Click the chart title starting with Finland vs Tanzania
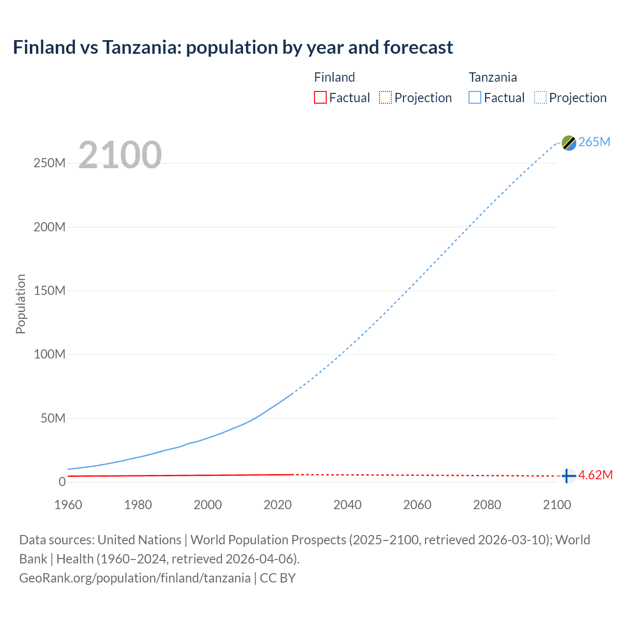point(233,47)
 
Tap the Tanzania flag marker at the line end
point(569,143)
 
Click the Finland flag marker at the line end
point(568,475)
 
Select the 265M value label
point(594,142)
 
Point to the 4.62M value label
point(595,475)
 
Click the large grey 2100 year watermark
point(120,155)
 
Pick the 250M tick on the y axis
point(49,163)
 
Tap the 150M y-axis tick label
point(49,291)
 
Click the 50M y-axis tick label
point(53,418)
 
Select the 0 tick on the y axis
point(62,482)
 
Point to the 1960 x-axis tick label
point(68,505)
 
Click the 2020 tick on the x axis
point(277,505)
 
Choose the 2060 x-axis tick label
point(417,505)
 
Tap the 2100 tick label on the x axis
point(557,505)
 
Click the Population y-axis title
point(21,304)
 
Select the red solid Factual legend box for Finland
point(320,97)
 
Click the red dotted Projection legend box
point(385,97)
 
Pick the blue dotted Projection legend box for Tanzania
point(540,97)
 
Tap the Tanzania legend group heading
point(492,77)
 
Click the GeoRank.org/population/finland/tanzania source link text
point(135,578)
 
